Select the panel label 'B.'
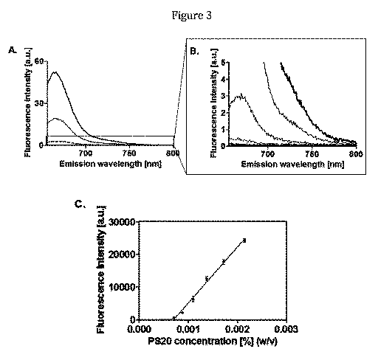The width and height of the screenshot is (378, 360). pyautogui.click(x=193, y=53)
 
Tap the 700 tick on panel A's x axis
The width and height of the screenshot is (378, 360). pyautogui.click(x=86, y=153)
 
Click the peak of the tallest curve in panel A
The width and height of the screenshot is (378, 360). pyautogui.click(x=56, y=72)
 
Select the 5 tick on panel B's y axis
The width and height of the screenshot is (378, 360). pyautogui.click(x=224, y=63)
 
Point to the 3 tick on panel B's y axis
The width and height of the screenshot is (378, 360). pyautogui.click(x=224, y=97)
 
